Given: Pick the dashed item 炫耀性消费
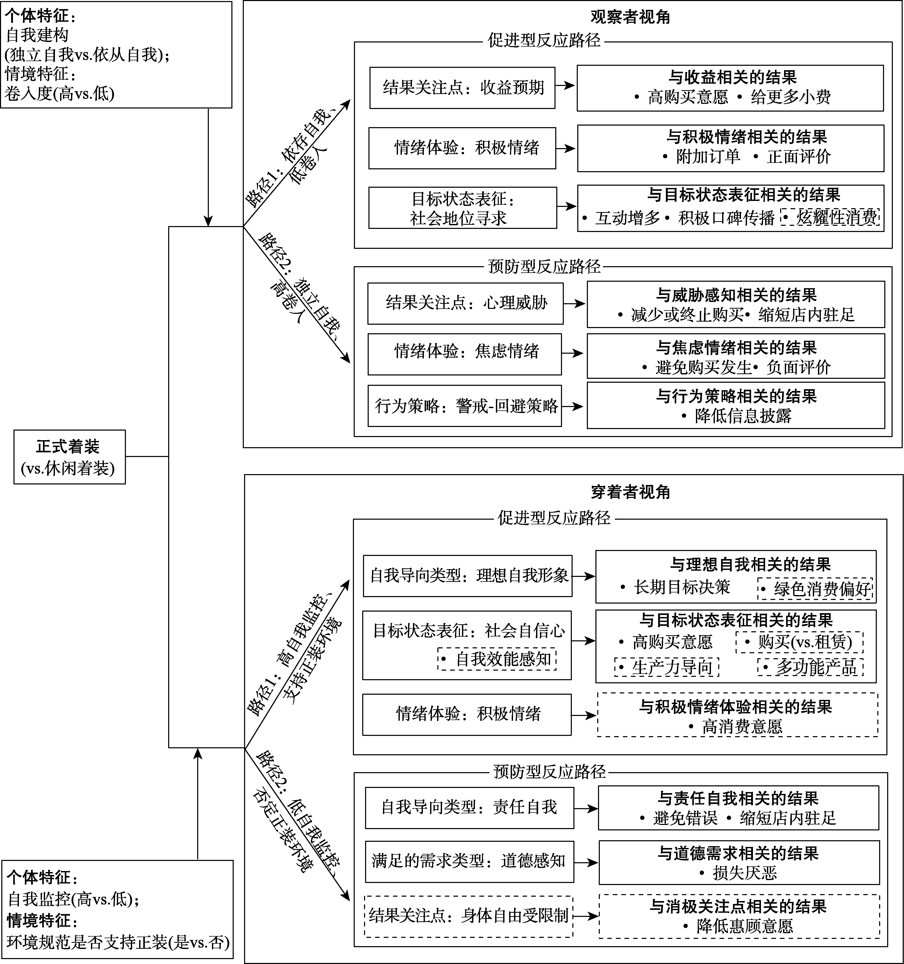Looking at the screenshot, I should (x=831, y=218).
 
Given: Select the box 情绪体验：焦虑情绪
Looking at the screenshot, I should (x=464, y=352).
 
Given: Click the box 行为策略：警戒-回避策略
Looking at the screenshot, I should (x=464, y=406).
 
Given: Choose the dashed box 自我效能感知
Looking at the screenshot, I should (x=497, y=659).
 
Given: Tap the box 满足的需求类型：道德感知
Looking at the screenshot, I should (x=469, y=861).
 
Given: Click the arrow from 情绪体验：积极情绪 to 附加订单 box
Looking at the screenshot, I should (x=566, y=148).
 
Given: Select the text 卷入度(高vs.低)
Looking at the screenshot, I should (x=60, y=93).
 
